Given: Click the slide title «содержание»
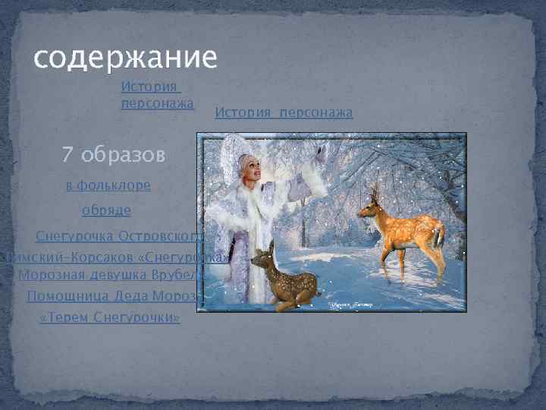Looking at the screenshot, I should [126, 57].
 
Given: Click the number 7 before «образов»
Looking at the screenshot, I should [68, 156].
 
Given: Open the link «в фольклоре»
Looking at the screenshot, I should [108, 185].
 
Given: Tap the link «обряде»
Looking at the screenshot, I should [106, 210].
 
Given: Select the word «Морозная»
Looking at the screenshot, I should [49, 275].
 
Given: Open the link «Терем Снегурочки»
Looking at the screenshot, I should [109, 317].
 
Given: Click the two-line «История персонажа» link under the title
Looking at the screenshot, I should [157, 96].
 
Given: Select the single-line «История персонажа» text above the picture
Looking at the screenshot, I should [284, 112].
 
